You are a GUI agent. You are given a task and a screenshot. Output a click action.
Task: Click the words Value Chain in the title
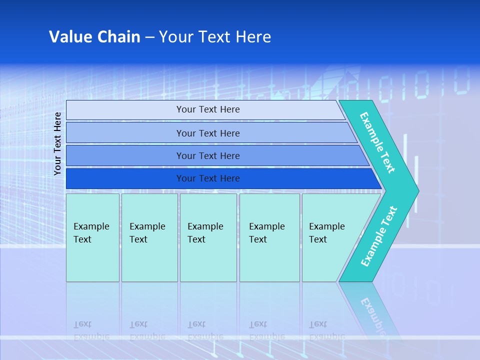94,37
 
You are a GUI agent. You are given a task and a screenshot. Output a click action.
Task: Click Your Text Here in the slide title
215,37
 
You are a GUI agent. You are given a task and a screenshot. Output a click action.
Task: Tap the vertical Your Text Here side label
58,143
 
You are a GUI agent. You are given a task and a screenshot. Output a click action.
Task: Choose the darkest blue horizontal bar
125,178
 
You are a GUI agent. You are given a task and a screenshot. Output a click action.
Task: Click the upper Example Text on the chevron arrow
377,142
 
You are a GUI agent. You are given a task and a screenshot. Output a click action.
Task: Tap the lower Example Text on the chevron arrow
379,236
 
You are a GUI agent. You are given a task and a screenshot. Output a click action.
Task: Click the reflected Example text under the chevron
372,315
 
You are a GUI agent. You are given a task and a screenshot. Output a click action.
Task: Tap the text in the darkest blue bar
208,178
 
